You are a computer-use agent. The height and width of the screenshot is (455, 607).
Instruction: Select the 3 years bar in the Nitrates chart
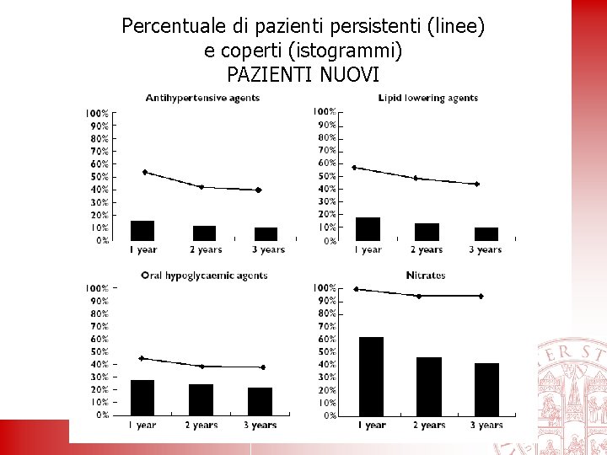(486, 388)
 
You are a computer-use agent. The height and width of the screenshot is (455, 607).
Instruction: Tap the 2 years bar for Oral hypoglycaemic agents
(201, 399)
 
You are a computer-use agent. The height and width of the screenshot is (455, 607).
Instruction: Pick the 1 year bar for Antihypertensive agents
(142, 231)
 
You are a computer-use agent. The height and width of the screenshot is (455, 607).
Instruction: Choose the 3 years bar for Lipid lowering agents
(486, 233)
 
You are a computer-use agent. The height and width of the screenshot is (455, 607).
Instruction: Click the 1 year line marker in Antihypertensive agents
(145, 172)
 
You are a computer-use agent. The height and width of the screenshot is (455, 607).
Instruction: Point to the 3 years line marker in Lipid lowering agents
(477, 184)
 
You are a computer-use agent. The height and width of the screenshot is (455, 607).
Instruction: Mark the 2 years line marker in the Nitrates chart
(419, 296)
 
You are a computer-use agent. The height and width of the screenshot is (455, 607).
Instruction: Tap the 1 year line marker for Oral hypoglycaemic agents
(142, 358)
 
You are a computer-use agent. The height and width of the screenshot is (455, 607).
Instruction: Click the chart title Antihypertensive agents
(202, 98)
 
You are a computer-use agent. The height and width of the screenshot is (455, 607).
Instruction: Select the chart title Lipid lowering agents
(428, 98)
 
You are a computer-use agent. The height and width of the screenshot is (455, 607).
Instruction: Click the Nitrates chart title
(426, 275)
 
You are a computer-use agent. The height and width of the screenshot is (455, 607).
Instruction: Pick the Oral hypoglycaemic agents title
(204, 275)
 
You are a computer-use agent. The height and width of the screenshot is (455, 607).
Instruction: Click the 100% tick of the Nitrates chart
(325, 288)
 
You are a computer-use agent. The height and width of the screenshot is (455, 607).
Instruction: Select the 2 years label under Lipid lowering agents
(427, 249)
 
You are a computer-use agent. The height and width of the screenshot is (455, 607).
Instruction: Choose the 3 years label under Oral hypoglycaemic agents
(261, 426)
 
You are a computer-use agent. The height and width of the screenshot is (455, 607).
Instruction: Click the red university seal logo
(573, 388)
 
